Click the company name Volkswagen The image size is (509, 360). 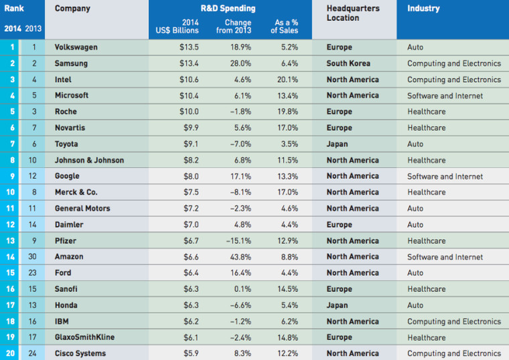[76, 47]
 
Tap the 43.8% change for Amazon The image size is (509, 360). [240, 257]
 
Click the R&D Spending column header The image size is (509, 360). [230, 9]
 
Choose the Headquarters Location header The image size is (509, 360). [352, 13]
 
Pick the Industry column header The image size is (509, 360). [423, 9]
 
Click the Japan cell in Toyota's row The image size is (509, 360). [337, 144]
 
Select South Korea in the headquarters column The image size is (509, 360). [348, 64]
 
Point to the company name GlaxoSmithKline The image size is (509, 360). [85, 337]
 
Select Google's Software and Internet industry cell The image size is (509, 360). [445, 176]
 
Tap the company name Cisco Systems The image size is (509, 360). [80, 353]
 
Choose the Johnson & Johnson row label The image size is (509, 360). [90, 160]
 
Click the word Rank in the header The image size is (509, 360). [14, 9]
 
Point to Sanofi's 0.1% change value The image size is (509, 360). [242, 289]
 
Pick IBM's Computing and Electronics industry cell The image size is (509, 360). [454, 321]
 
